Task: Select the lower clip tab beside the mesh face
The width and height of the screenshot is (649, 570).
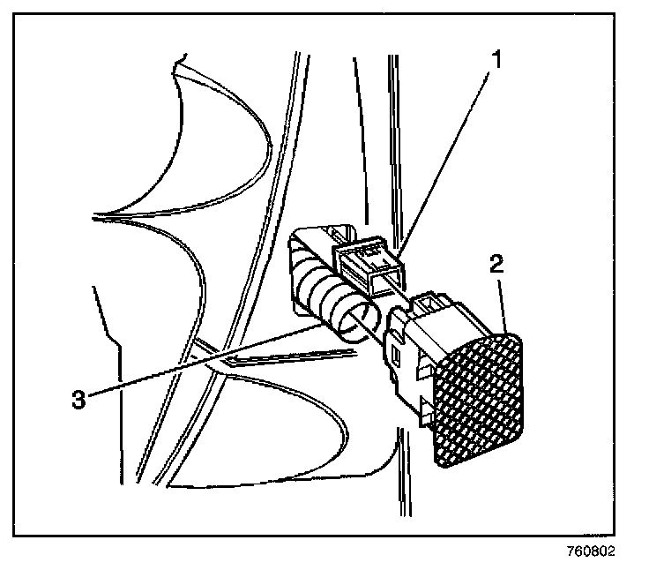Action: tap(427, 408)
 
